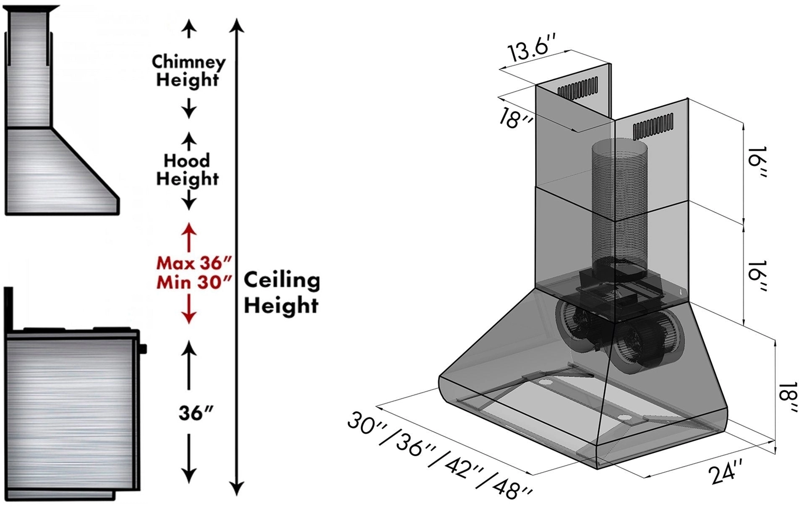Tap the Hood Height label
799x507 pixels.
tap(187, 170)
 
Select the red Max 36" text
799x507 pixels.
tap(194, 264)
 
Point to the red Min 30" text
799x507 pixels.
tap(194, 282)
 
